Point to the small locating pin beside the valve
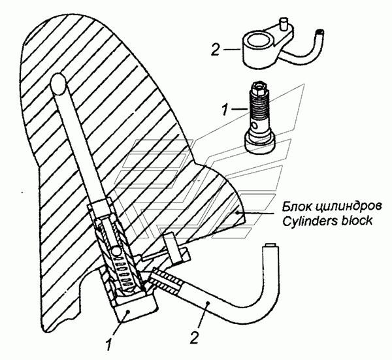[174, 247]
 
